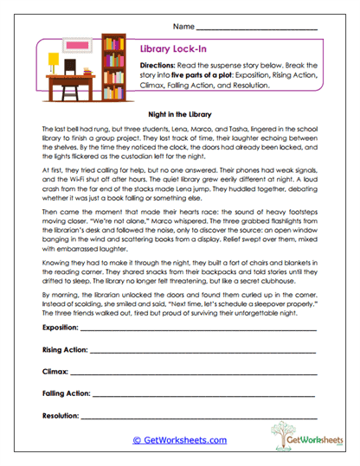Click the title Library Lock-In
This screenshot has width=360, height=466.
coord(171,50)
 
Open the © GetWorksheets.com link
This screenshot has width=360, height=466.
coord(179,440)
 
